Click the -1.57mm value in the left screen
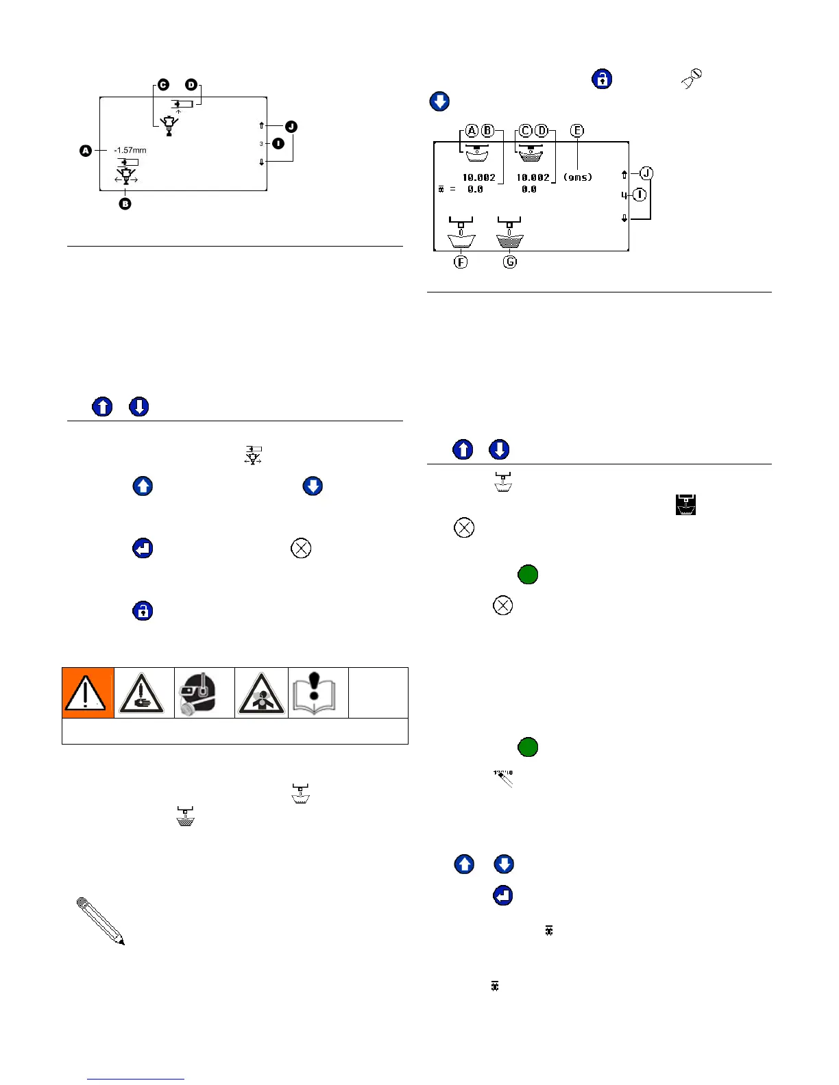pyautogui.click(x=130, y=150)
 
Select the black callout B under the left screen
pyautogui.click(x=125, y=203)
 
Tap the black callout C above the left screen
pyautogui.click(x=163, y=85)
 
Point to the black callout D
pyautogui.click(x=191, y=85)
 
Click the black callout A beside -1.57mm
pyautogui.click(x=86, y=150)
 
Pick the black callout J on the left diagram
pyautogui.click(x=291, y=126)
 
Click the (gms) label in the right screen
pyautogui.click(x=578, y=177)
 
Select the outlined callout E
pyautogui.click(x=577, y=130)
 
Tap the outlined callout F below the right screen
pyautogui.click(x=461, y=262)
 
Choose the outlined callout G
pyautogui.click(x=510, y=262)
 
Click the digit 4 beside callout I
pyautogui.click(x=624, y=195)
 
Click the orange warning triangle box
pyautogui.click(x=88, y=693)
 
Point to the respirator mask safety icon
pyautogui.click(x=204, y=693)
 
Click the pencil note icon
pyautogui.click(x=100, y=921)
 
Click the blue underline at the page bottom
pyautogui.click(x=136, y=1079)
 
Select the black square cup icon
pyautogui.click(x=685, y=505)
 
